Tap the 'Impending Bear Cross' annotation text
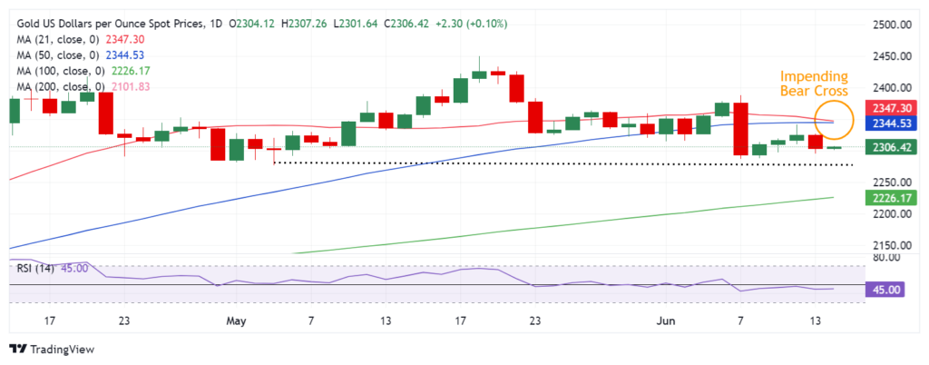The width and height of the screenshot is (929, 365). tap(815, 84)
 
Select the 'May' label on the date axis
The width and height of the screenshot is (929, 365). tap(237, 321)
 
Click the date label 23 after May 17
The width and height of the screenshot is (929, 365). tap(535, 321)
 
